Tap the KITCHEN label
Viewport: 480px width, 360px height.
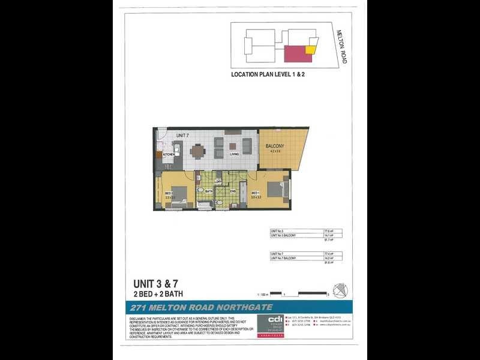coord(169,155)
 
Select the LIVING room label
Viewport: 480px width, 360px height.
coord(234,154)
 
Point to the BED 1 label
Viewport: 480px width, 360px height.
coord(254,193)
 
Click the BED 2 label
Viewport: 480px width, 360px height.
coord(169,193)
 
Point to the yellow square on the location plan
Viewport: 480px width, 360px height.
coord(310,50)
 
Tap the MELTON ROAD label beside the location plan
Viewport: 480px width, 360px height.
coord(341,47)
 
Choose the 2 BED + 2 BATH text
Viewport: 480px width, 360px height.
coord(158,294)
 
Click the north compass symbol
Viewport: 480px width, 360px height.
coord(340,290)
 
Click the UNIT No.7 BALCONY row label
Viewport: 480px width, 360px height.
coord(283,258)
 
